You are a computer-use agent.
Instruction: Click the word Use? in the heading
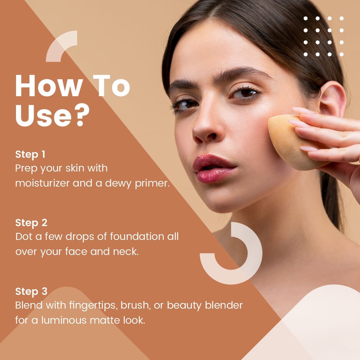[x=52, y=115]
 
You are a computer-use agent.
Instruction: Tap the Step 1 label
[x=30, y=154]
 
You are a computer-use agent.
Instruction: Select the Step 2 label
[x=31, y=223]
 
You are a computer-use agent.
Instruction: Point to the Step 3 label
[x=31, y=291]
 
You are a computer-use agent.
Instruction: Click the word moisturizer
[x=42, y=183]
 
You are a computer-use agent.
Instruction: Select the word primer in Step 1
[x=152, y=183]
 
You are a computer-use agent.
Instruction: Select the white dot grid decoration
[x=323, y=36]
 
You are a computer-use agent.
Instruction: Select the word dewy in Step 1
[x=118, y=183]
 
